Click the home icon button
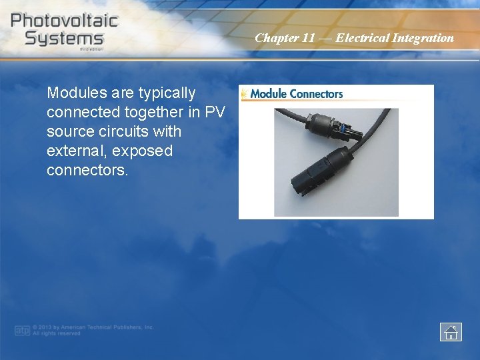point(451,331)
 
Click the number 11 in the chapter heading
point(308,38)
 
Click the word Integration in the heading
point(423,38)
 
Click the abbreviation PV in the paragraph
point(214,112)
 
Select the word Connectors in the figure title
point(316,94)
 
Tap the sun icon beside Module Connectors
point(244,93)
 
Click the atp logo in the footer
point(22,330)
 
